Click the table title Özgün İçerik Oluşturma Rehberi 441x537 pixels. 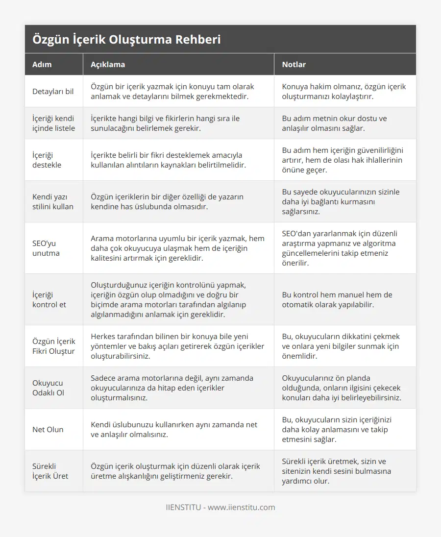[x=126, y=39]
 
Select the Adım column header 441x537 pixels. [x=42, y=64]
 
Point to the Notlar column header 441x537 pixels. [x=294, y=64]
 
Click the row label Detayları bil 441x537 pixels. [x=53, y=91]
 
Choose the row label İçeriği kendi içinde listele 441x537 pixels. [x=53, y=123]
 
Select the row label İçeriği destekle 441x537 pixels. [x=47, y=160]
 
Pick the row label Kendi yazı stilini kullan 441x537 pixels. [x=53, y=201]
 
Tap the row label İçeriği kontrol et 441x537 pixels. [x=49, y=299]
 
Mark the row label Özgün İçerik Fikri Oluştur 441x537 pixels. [x=54, y=346]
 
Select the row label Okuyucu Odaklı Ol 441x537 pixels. [x=48, y=388]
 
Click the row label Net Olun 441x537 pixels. [x=48, y=429]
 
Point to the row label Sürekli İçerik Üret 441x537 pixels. [x=50, y=471]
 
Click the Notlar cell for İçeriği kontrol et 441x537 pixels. [x=337, y=299]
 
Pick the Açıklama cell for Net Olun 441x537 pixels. [x=174, y=429]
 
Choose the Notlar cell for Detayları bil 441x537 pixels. [x=344, y=91]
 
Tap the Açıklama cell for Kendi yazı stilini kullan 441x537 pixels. [x=167, y=201]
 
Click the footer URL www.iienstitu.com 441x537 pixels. [x=241, y=507]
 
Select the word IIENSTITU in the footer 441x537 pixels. [x=183, y=507]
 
